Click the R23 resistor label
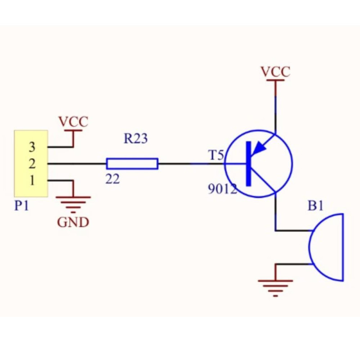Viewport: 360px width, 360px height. [x=135, y=139]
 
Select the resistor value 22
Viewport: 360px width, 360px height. [x=112, y=179]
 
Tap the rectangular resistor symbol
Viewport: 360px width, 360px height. [x=132, y=164]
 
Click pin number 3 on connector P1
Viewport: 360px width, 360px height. [x=32, y=147]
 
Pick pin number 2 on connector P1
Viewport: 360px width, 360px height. [x=32, y=164]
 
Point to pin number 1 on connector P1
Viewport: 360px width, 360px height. [x=32, y=180]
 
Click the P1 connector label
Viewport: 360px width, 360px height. [x=22, y=206]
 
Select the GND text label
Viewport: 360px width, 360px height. [x=73, y=222]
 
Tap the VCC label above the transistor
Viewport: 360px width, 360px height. [x=275, y=72]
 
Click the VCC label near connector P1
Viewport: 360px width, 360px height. [x=73, y=122]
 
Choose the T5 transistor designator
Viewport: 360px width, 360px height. [x=216, y=156]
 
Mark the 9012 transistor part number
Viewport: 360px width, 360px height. [x=222, y=189]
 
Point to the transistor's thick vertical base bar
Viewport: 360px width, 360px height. [x=248, y=164]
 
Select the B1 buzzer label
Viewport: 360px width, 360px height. [x=315, y=206]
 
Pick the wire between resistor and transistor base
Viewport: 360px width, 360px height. [x=191, y=164]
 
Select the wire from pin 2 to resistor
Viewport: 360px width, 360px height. [x=76, y=164]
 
